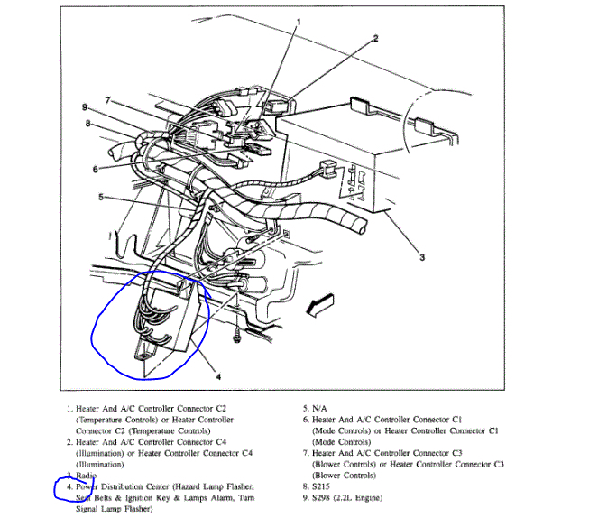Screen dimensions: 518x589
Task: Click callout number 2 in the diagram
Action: [375, 40]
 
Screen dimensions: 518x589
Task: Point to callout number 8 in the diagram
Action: [88, 124]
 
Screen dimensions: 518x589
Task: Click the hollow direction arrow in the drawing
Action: [320, 308]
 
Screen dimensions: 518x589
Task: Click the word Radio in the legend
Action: [87, 476]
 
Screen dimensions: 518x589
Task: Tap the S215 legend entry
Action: [325, 487]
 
